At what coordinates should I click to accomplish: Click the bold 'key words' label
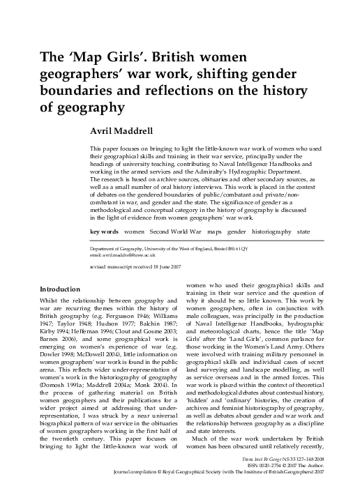(x=104, y=229)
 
